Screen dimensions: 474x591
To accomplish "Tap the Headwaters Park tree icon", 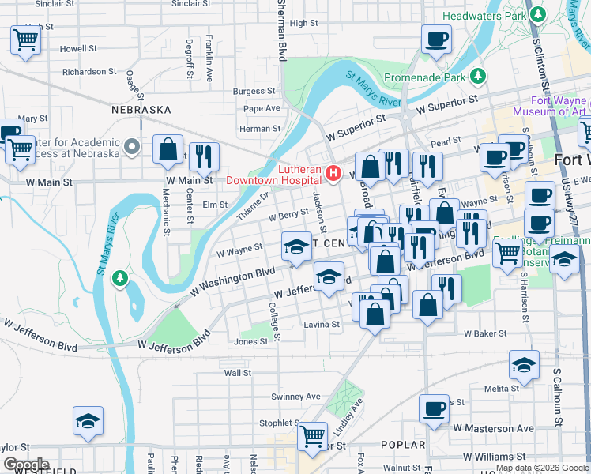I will click(x=540, y=15).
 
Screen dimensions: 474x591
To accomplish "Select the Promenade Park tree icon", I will click(x=478, y=77).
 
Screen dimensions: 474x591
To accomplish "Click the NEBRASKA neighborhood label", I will click(x=141, y=110).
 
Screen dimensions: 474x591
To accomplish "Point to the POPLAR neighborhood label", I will click(x=403, y=445).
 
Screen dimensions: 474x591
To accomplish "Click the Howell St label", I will click(x=78, y=48).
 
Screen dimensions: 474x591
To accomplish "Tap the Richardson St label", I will click(x=89, y=71).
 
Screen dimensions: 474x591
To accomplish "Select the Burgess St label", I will click(x=254, y=92).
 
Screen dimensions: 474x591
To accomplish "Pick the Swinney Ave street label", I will click(x=295, y=397).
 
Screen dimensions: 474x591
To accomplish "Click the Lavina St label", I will click(x=322, y=324).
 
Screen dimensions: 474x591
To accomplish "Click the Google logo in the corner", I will click(x=25, y=464).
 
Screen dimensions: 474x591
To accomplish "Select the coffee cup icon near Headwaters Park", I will click(x=435, y=39).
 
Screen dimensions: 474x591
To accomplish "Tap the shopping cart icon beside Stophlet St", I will click(x=313, y=434).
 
